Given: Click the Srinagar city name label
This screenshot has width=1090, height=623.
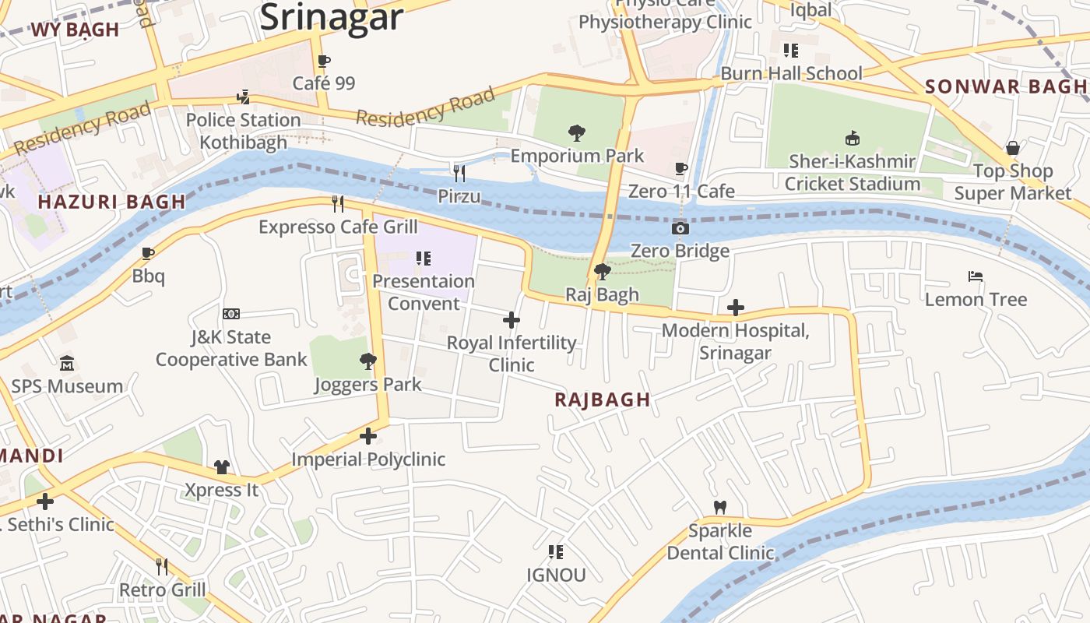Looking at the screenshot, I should click(x=332, y=17).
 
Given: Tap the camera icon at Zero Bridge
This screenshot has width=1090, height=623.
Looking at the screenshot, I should click(x=680, y=228).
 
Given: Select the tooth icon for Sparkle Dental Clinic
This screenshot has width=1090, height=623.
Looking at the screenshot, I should click(x=720, y=507).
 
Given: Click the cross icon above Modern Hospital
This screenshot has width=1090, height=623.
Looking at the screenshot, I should click(x=735, y=308).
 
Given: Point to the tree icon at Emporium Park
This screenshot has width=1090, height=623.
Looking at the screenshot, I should click(x=577, y=132).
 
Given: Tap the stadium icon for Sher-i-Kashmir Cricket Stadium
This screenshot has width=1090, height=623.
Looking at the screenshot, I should click(x=853, y=139).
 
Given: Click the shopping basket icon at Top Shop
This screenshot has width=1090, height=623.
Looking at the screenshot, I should click(x=1013, y=148).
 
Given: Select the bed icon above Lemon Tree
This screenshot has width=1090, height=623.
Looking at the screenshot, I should click(x=976, y=276).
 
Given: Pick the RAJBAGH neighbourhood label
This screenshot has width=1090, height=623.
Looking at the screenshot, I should click(x=602, y=399).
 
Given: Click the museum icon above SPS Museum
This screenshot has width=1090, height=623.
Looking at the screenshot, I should click(x=67, y=364).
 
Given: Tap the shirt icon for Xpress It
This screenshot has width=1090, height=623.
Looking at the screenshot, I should click(x=222, y=467).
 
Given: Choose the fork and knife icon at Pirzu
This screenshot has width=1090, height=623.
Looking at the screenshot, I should click(x=459, y=173).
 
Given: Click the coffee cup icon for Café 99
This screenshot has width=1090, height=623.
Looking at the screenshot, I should click(x=324, y=61).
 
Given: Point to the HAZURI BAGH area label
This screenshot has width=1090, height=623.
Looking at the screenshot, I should click(x=112, y=202).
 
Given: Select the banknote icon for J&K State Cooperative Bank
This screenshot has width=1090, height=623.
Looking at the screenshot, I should click(x=231, y=314).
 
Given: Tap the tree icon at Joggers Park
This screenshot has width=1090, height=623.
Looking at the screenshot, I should click(x=368, y=361).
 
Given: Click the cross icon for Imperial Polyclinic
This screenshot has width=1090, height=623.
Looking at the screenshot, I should click(x=368, y=436).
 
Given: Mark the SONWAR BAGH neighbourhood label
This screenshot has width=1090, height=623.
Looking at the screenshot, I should click(x=1005, y=86).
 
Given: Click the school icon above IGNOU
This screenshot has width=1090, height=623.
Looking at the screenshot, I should click(x=556, y=552).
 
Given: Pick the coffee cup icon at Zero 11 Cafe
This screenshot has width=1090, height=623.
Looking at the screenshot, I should click(x=681, y=168).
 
